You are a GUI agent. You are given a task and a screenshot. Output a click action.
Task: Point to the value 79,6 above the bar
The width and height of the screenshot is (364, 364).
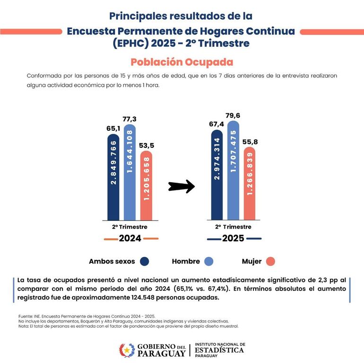[233, 115]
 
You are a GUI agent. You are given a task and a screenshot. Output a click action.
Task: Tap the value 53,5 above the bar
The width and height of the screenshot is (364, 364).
[147, 145]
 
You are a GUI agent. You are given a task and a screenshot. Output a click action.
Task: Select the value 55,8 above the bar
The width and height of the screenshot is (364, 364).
[250, 142]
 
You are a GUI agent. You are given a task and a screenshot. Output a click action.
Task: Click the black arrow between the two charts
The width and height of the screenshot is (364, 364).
[182, 186]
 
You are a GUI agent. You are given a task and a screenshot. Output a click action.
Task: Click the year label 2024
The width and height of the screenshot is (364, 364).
[130, 238]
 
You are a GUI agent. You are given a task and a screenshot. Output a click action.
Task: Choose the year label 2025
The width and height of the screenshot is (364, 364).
[233, 238]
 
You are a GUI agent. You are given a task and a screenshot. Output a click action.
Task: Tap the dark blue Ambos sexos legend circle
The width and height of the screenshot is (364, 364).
[145, 261]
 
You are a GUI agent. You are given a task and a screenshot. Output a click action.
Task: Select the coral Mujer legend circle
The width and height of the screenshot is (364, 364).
[270, 261]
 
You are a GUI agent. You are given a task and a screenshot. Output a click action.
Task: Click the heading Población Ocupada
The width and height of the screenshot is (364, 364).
[182, 62]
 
